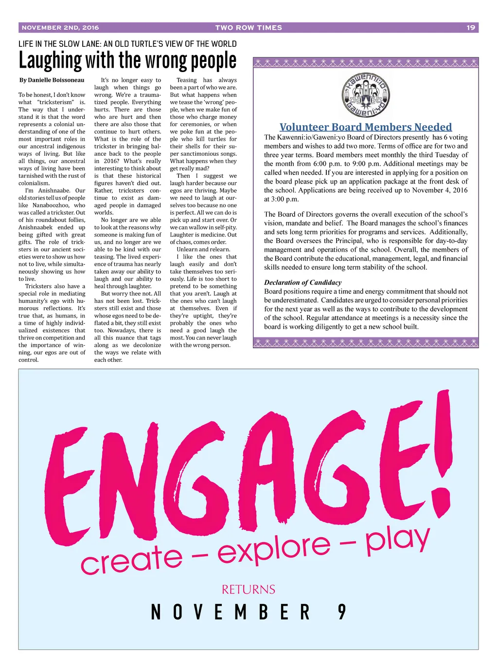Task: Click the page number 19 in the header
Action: coord(470,28)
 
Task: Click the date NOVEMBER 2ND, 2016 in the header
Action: coord(60,28)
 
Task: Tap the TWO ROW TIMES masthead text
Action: coord(249,28)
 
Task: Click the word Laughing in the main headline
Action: coord(50,61)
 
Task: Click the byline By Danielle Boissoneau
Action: coord(52,80)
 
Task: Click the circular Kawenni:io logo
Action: coord(366,95)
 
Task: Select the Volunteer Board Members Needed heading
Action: coord(366,127)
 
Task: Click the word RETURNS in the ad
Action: coord(249,590)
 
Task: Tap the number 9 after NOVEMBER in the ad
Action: coord(342,612)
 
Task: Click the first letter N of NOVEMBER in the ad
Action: coord(156,612)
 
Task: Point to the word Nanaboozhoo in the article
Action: coord(52,205)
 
